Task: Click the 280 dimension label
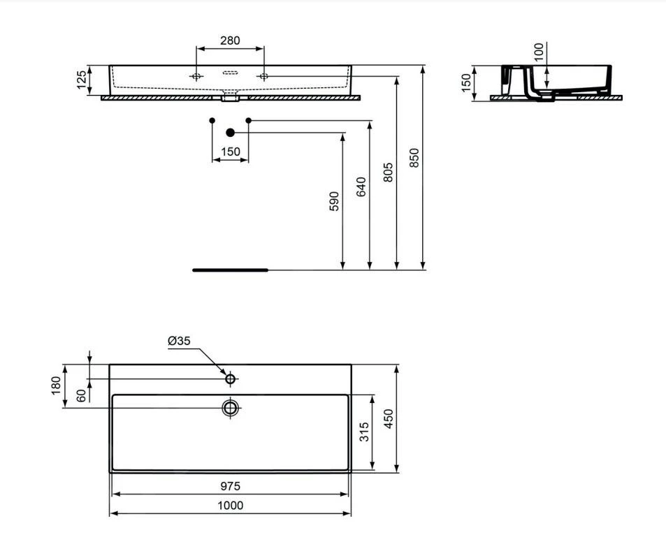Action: pos(230,40)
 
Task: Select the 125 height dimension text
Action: pos(82,80)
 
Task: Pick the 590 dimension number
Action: pos(334,201)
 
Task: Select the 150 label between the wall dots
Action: pos(230,152)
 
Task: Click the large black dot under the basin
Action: pos(230,132)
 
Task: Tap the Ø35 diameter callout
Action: pos(180,341)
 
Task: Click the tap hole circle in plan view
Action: pos(230,379)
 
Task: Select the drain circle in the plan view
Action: pos(230,407)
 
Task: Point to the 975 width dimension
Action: pos(230,486)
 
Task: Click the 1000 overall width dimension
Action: pos(230,506)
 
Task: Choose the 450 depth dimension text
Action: pos(390,418)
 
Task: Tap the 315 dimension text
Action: pos(364,432)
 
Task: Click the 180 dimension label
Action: pos(57,385)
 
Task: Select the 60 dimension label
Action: pos(81,396)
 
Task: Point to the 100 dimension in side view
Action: pos(539,52)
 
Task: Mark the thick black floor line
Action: pos(230,269)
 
